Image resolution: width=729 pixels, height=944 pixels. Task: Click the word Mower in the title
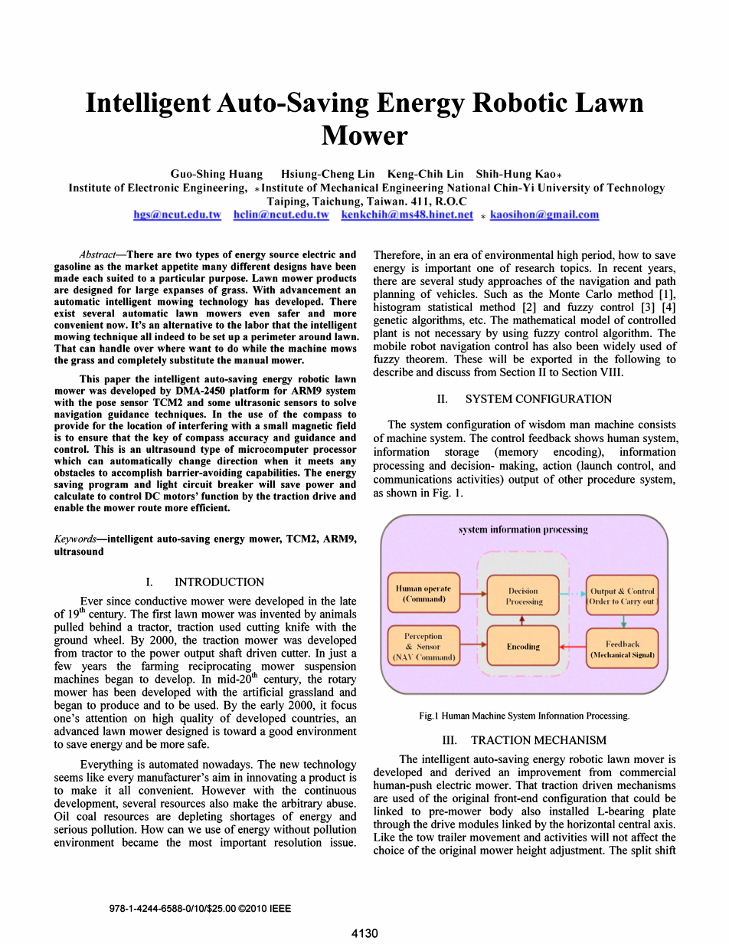tap(364, 136)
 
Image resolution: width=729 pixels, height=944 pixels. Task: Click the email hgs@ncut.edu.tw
tap(177, 215)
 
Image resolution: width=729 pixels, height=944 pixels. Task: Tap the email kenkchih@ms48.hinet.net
tap(407, 215)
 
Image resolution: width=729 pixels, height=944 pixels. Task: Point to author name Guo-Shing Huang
tap(217, 174)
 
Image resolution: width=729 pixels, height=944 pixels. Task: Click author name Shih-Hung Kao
tap(515, 174)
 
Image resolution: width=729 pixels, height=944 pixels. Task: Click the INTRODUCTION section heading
tap(219, 582)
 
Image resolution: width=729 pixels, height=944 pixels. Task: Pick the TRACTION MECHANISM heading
tap(538, 740)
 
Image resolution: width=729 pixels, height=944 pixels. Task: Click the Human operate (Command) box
tap(423, 594)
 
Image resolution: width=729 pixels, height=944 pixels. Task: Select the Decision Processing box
tap(523, 596)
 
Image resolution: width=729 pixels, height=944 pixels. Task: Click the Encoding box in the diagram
tap(523, 647)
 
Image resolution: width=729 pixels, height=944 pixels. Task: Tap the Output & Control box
tap(622, 596)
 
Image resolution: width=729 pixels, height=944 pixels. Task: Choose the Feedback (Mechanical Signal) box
tap(622, 649)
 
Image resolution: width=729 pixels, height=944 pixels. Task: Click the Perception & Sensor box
tap(423, 647)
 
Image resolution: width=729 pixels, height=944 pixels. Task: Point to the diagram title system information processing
tap(523, 529)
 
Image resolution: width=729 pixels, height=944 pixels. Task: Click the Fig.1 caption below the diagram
tap(524, 716)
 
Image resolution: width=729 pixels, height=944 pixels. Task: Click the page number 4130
tap(364, 933)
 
